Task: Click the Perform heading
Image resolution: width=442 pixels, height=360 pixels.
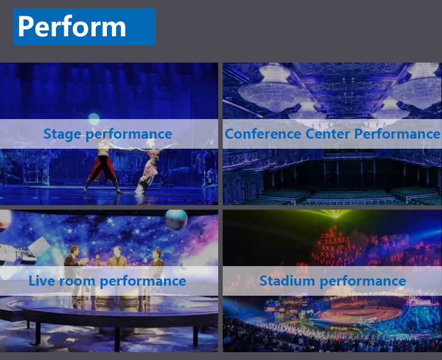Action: click(x=72, y=27)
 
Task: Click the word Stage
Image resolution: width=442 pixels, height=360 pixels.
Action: click(x=63, y=134)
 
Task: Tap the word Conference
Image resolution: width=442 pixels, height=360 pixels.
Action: click(x=263, y=134)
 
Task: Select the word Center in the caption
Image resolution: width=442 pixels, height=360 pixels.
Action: click(x=327, y=134)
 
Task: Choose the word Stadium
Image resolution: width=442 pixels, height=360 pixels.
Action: click(x=287, y=281)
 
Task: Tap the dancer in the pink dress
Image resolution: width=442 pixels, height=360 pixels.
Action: click(x=149, y=166)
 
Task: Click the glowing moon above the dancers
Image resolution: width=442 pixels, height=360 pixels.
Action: click(x=94, y=119)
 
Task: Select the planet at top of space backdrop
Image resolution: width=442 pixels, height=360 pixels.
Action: click(x=176, y=220)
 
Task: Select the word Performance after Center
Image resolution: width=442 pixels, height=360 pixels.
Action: click(x=397, y=134)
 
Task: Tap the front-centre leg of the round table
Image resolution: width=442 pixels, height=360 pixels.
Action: click(x=117, y=339)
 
